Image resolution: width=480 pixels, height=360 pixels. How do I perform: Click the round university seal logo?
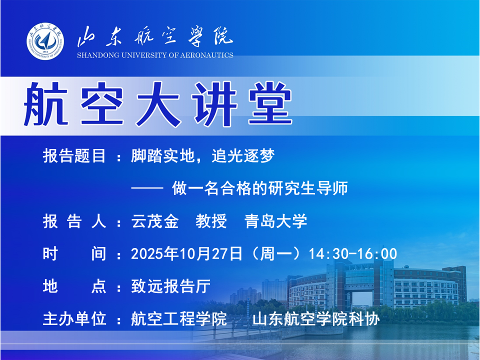tap(45, 41)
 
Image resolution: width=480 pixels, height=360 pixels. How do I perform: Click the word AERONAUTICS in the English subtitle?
tap(206, 55)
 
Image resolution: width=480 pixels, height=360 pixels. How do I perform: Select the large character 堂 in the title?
tap(270, 103)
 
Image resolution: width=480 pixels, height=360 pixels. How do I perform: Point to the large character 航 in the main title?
tap(46, 103)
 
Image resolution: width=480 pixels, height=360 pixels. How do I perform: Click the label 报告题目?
tap(74, 156)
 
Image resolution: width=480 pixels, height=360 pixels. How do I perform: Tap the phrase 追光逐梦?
tap(243, 156)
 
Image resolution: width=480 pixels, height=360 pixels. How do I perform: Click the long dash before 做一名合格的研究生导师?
tap(147, 188)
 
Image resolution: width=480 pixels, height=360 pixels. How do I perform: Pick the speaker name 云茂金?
tap(155, 221)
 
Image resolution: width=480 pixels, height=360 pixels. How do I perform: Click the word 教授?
tap(211, 221)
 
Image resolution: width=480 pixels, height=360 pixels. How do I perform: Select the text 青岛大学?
tap(276, 221)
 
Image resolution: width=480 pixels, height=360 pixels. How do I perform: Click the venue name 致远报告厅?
tap(171, 286)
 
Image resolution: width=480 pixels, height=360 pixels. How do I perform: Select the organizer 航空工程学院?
tap(179, 318)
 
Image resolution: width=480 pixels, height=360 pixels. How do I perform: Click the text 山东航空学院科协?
tap(316, 318)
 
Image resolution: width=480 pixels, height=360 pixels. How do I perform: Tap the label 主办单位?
tap(74, 318)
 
